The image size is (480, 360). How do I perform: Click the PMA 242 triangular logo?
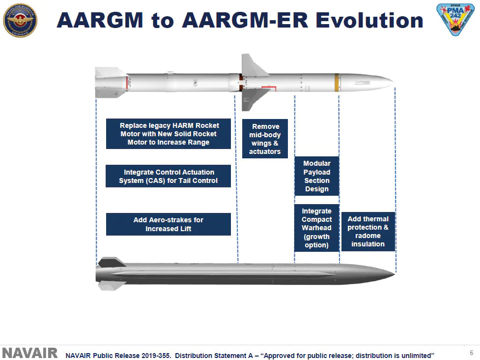pos(456,20)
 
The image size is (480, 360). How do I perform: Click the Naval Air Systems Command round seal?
pos(20,20)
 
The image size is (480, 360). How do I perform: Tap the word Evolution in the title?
pos(369,20)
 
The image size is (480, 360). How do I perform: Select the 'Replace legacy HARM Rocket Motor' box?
pos(168,134)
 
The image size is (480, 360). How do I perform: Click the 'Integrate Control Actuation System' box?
pos(168,176)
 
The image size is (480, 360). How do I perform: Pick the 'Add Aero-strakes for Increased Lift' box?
pos(168,224)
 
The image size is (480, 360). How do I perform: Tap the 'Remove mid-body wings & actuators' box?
pos(265,139)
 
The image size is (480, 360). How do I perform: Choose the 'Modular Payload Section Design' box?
pos(316,176)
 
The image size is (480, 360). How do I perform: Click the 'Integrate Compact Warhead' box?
pos(316,228)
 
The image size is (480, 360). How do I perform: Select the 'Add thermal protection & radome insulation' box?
pos(368,231)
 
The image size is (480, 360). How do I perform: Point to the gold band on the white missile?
pos(337,82)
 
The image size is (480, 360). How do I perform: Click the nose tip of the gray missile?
pos(393,272)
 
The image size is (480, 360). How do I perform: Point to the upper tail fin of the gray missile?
pos(111,261)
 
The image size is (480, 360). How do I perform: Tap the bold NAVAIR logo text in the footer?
pos(30,354)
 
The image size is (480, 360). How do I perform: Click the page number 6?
pos(472,353)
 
